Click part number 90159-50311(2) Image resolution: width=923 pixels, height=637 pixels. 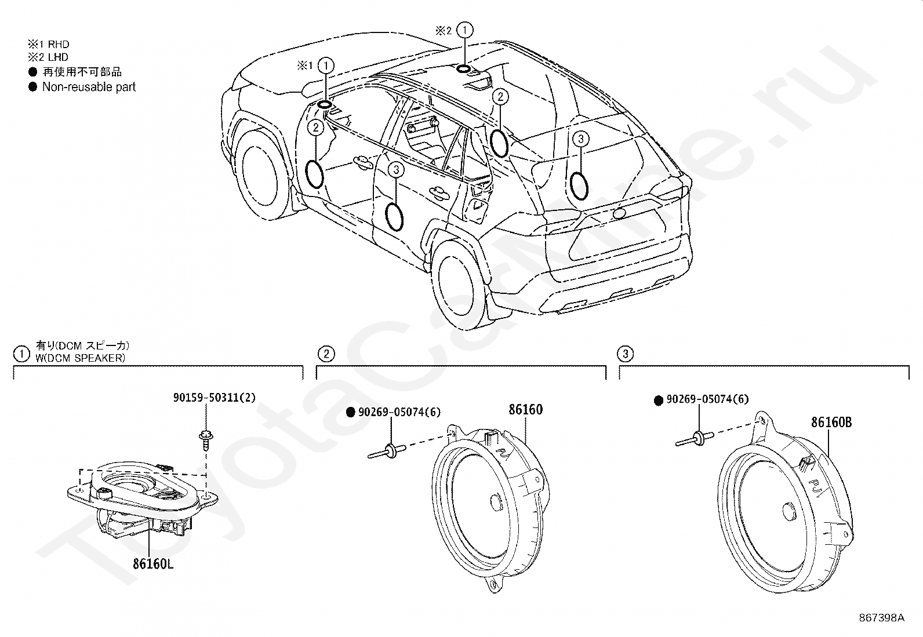(215, 398)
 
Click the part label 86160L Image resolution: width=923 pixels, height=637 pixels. (153, 563)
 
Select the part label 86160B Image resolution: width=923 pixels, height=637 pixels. (831, 423)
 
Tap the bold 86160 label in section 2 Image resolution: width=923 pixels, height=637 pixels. (525, 410)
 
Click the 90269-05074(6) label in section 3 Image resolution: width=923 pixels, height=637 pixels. (707, 399)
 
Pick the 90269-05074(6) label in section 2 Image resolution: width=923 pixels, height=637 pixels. (399, 412)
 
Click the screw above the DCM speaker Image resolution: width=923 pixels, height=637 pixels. (205, 441)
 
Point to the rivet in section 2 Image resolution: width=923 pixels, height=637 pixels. (387, 451)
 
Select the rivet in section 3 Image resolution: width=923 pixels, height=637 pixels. (695, 439)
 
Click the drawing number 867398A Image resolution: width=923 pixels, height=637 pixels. (881, 618)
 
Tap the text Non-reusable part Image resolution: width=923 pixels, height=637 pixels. (89, 87)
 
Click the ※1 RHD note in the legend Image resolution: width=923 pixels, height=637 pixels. (49, 44)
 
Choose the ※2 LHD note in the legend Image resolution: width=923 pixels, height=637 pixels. (48, 57)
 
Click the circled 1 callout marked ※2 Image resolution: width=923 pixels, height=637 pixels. (465, 30)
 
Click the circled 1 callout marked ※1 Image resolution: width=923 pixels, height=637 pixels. (326, 65)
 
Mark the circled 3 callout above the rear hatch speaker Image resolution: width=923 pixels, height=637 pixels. (581, 139)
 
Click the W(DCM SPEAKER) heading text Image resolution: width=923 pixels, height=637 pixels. (81, 358)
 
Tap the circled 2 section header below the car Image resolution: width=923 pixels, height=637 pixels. (326, 354)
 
